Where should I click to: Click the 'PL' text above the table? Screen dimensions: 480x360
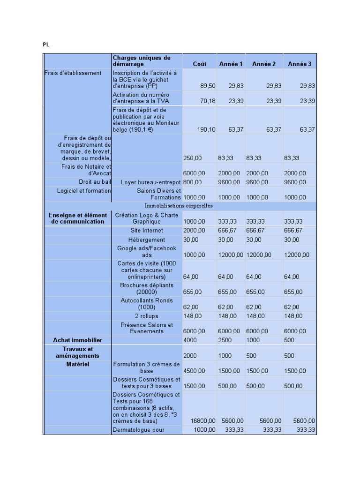46,45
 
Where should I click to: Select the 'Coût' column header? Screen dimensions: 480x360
200,64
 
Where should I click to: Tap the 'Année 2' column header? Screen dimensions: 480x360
264,64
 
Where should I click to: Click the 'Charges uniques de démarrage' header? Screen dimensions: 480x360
141,61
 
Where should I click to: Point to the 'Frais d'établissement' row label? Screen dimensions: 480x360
73,73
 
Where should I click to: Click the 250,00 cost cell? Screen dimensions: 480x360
193,158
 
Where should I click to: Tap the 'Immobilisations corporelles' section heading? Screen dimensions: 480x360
179,205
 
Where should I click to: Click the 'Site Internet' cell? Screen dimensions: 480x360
147,231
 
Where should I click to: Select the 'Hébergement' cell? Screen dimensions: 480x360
147,240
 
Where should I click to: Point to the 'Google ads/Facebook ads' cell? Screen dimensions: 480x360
147,252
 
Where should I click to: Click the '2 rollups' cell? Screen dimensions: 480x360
147,316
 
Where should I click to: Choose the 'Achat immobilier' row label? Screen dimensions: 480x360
77,340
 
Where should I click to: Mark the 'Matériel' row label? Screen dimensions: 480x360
77,364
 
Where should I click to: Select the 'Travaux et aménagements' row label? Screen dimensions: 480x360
77,352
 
